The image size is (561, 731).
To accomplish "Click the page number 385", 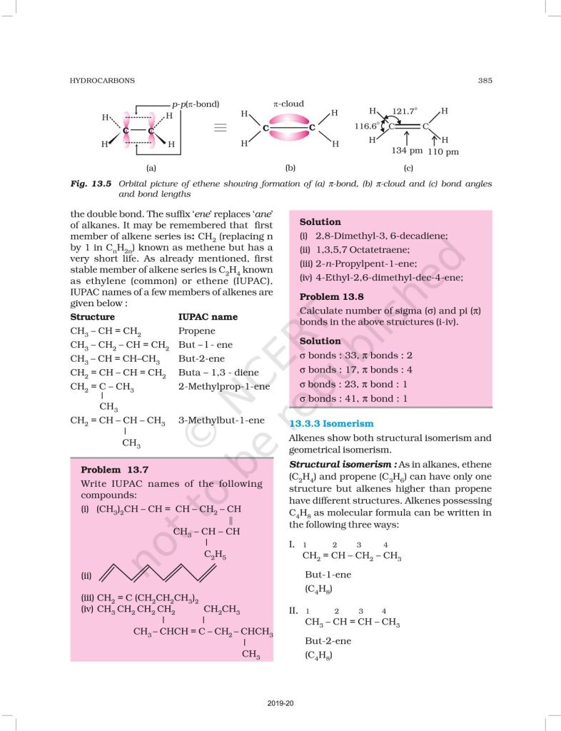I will tap(485, 81).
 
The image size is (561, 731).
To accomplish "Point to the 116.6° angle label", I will tap(368, 126).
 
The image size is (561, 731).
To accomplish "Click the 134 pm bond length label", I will tap(408, 151).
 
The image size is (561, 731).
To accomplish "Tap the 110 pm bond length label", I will tap(443, 151).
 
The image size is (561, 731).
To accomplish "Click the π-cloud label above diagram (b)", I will tap(288, 104).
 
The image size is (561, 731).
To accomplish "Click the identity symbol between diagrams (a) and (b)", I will tap(221, 128).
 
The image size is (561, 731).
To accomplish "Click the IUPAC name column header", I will tap(208, 317).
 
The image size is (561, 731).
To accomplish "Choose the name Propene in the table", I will tap(196, 331).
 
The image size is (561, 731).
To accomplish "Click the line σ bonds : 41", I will tap(353, 398).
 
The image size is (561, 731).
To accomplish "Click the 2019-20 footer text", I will tap(280, 704).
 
